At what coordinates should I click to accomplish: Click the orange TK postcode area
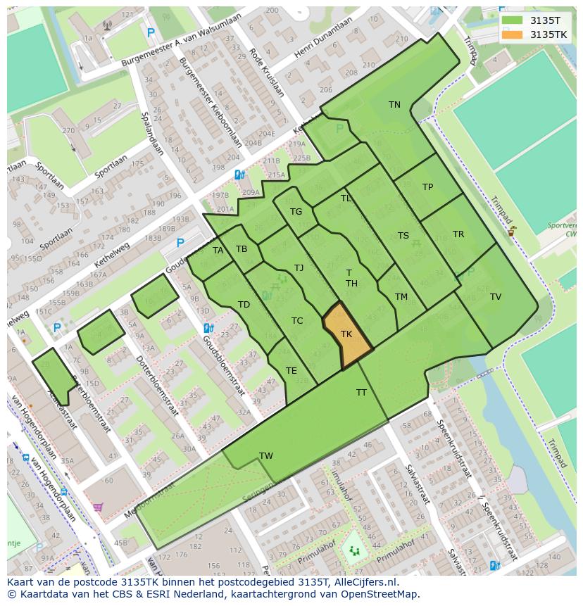(x=346, y=337)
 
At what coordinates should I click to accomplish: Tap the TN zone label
(x=394, y=105)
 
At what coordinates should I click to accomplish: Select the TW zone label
(x=265, y=456)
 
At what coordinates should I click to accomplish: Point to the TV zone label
(x=496, y=297)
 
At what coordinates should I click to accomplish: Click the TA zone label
(x=218, y=251)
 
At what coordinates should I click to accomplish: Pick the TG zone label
(x=296, y=212)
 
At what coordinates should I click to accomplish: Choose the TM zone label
(x=401, y=297)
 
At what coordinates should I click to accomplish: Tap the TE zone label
(x=291, y=371)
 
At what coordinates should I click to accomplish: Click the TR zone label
(x=458, y=234)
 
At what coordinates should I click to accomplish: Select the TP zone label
(x=427, y=187)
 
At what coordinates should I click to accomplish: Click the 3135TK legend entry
(x=548, y=34)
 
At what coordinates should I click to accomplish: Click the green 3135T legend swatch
(x=512, y=20)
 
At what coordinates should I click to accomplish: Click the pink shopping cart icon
(x=98, y=507)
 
